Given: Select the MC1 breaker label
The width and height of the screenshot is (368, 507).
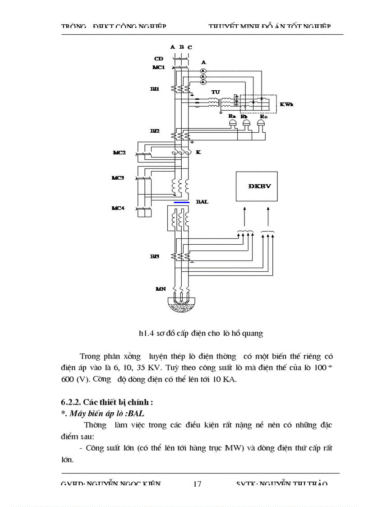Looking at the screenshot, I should (159, 67).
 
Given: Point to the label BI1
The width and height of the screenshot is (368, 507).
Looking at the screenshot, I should (155, 89).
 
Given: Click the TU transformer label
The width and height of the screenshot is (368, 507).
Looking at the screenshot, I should (216, 93).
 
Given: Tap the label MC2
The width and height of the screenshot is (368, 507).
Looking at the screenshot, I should (120, 153).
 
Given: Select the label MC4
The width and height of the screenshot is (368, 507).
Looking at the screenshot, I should (118, 208).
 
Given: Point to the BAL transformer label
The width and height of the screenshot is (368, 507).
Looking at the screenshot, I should (202, 202).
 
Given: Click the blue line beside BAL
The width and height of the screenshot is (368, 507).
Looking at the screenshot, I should (181, 203).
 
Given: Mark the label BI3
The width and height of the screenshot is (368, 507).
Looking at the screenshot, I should (155, 256).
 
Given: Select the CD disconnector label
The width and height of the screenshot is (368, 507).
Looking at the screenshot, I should (158, 59).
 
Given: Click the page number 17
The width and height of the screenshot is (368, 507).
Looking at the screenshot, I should (197, 484).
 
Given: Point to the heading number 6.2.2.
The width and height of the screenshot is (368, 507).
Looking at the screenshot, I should (71, 402).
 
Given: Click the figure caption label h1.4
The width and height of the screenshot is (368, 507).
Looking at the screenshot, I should (145, 334).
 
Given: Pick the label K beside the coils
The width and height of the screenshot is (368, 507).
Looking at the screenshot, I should (198, 153).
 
